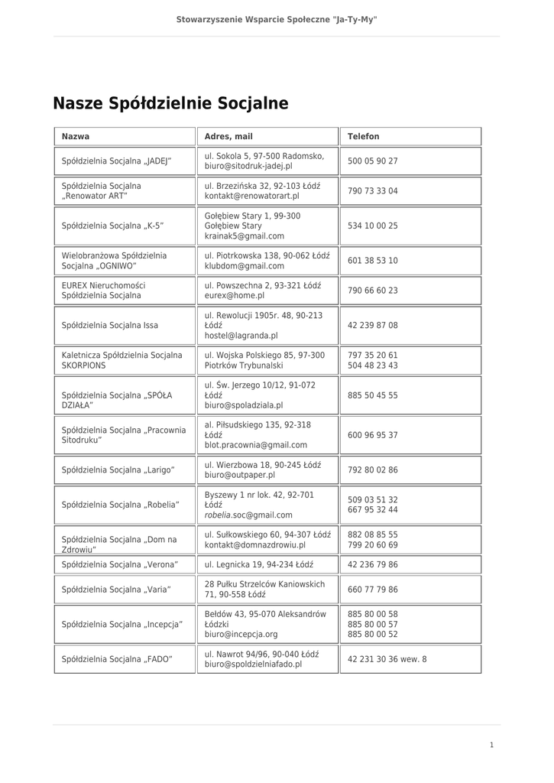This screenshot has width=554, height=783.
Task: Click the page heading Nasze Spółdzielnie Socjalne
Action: tap(170, 103)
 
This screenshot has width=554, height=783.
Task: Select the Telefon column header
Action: tap(363, 136)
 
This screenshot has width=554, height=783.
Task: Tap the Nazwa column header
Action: tap(76, 136)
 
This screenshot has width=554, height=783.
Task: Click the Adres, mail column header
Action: tap(228, 136)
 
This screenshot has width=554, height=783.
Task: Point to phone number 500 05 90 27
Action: tap(372, 161)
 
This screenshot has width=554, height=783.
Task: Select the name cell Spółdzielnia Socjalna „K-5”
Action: tap(112, 226)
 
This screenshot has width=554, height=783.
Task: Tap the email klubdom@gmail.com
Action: tap(244, 266)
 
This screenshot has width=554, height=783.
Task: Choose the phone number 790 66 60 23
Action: tap(372, 291)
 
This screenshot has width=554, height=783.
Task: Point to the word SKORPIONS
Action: tap(84, 366)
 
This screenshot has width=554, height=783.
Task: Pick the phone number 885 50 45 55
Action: tap(372, 395)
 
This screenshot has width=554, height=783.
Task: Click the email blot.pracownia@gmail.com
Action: tap(255, 445)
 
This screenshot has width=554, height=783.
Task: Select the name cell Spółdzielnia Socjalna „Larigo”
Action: tap(118, 470)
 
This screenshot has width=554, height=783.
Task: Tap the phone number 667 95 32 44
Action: tap(372, 510)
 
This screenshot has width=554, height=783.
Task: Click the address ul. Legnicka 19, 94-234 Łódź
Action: tap(259, 564)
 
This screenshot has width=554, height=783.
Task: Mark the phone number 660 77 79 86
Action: tap(372, 590)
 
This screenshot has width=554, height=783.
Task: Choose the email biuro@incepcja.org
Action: tap(241, 635)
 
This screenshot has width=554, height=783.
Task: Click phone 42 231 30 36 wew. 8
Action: tap(387, 659)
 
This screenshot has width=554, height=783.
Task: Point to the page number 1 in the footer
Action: tap(491, 745)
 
